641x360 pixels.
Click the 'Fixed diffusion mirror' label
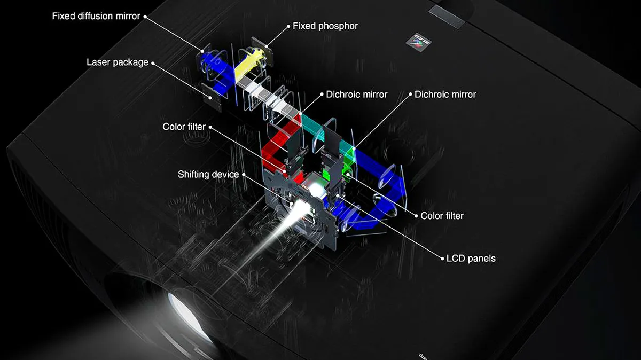click(x=96, y=17)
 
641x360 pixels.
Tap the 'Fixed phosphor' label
click(x=325, y=26)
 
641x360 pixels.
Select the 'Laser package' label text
click(x=118, y=62)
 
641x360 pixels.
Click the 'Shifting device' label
click(x=208, y=174)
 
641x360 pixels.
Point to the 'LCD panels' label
click(x=471, y=259)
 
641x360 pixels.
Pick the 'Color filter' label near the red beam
click(x=184, y=127)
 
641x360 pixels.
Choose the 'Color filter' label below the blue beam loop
click(x=442, y=216)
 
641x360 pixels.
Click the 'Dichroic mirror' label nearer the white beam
click(x=357, y=95)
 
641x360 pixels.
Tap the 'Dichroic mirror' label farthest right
click(x=445, y=95)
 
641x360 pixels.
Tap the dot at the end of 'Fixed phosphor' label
click(x=288, y=27)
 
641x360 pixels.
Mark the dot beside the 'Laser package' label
click(x=153, y=63)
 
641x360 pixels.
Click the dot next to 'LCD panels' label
click(x=442, y=259)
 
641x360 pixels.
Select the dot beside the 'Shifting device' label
click(x=244, y=175)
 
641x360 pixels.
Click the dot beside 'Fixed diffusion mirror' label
click(x=145, y=17)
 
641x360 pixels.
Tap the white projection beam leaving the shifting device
click(x=275, y=234)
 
